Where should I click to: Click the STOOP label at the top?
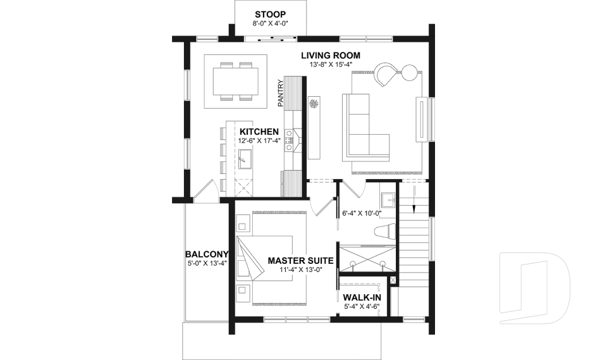271,14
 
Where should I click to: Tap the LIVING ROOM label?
331,56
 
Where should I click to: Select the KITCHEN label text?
259,131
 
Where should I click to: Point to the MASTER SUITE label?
300,260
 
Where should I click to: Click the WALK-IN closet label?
361,297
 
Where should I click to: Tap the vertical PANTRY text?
279,92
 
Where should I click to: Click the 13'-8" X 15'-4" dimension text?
331,65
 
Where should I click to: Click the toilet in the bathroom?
384,232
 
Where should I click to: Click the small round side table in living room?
410,72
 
